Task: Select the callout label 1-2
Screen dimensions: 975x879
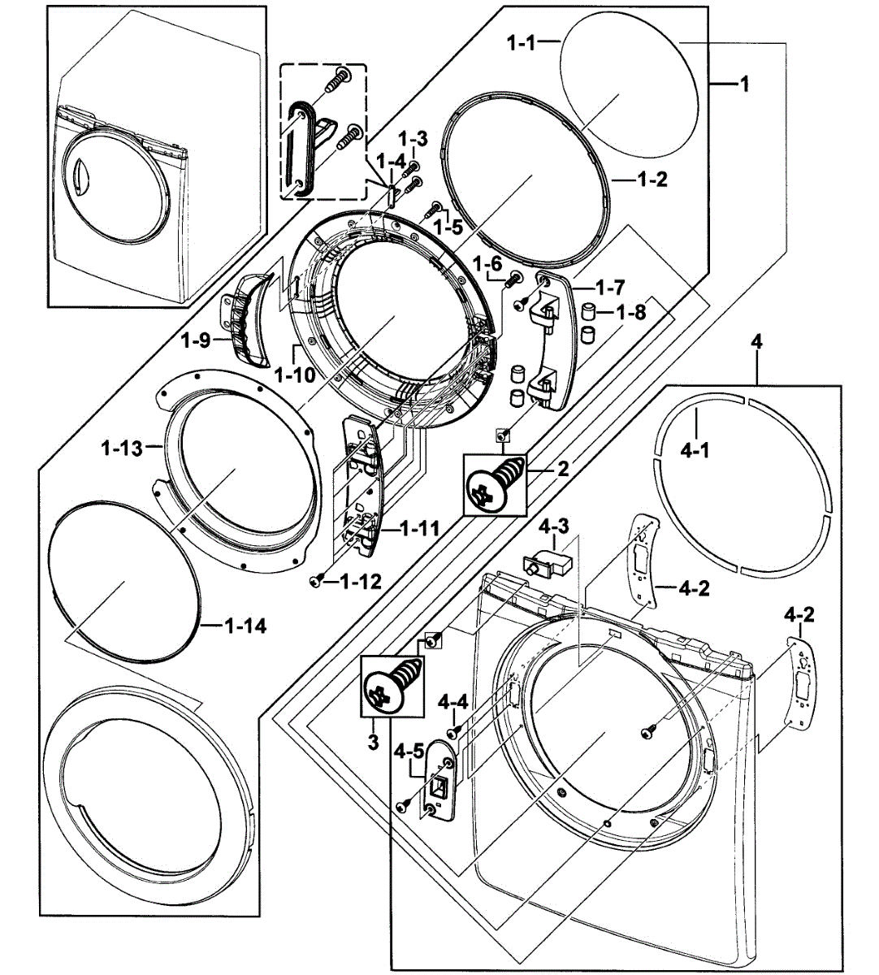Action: (652, 180)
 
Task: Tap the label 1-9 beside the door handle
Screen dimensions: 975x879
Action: (195, 341)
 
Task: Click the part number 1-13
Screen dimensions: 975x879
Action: (122, 446)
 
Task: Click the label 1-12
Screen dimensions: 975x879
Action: (360, 581)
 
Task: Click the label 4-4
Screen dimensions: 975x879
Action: (452, 701)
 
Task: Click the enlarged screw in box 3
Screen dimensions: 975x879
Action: (392, 685)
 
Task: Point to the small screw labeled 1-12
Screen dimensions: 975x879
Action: (318, 580)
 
